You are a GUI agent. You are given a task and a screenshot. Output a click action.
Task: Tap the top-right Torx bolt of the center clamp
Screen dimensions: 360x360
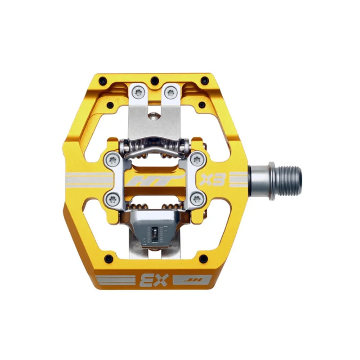coord(197,159)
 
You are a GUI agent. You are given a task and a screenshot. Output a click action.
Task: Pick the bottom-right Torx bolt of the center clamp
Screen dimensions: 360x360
coord(197,198)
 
